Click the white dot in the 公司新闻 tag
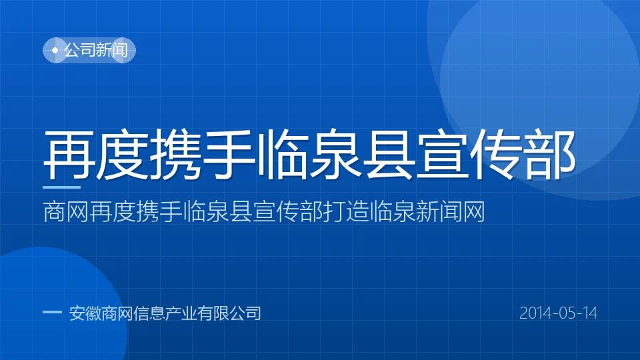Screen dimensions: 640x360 click(55, 50)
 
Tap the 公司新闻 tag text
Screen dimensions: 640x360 click(96, 50)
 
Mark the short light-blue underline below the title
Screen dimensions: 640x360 click(61, 187)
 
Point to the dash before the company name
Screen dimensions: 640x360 click(52, 312)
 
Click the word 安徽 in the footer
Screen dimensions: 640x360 click(85, 313)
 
